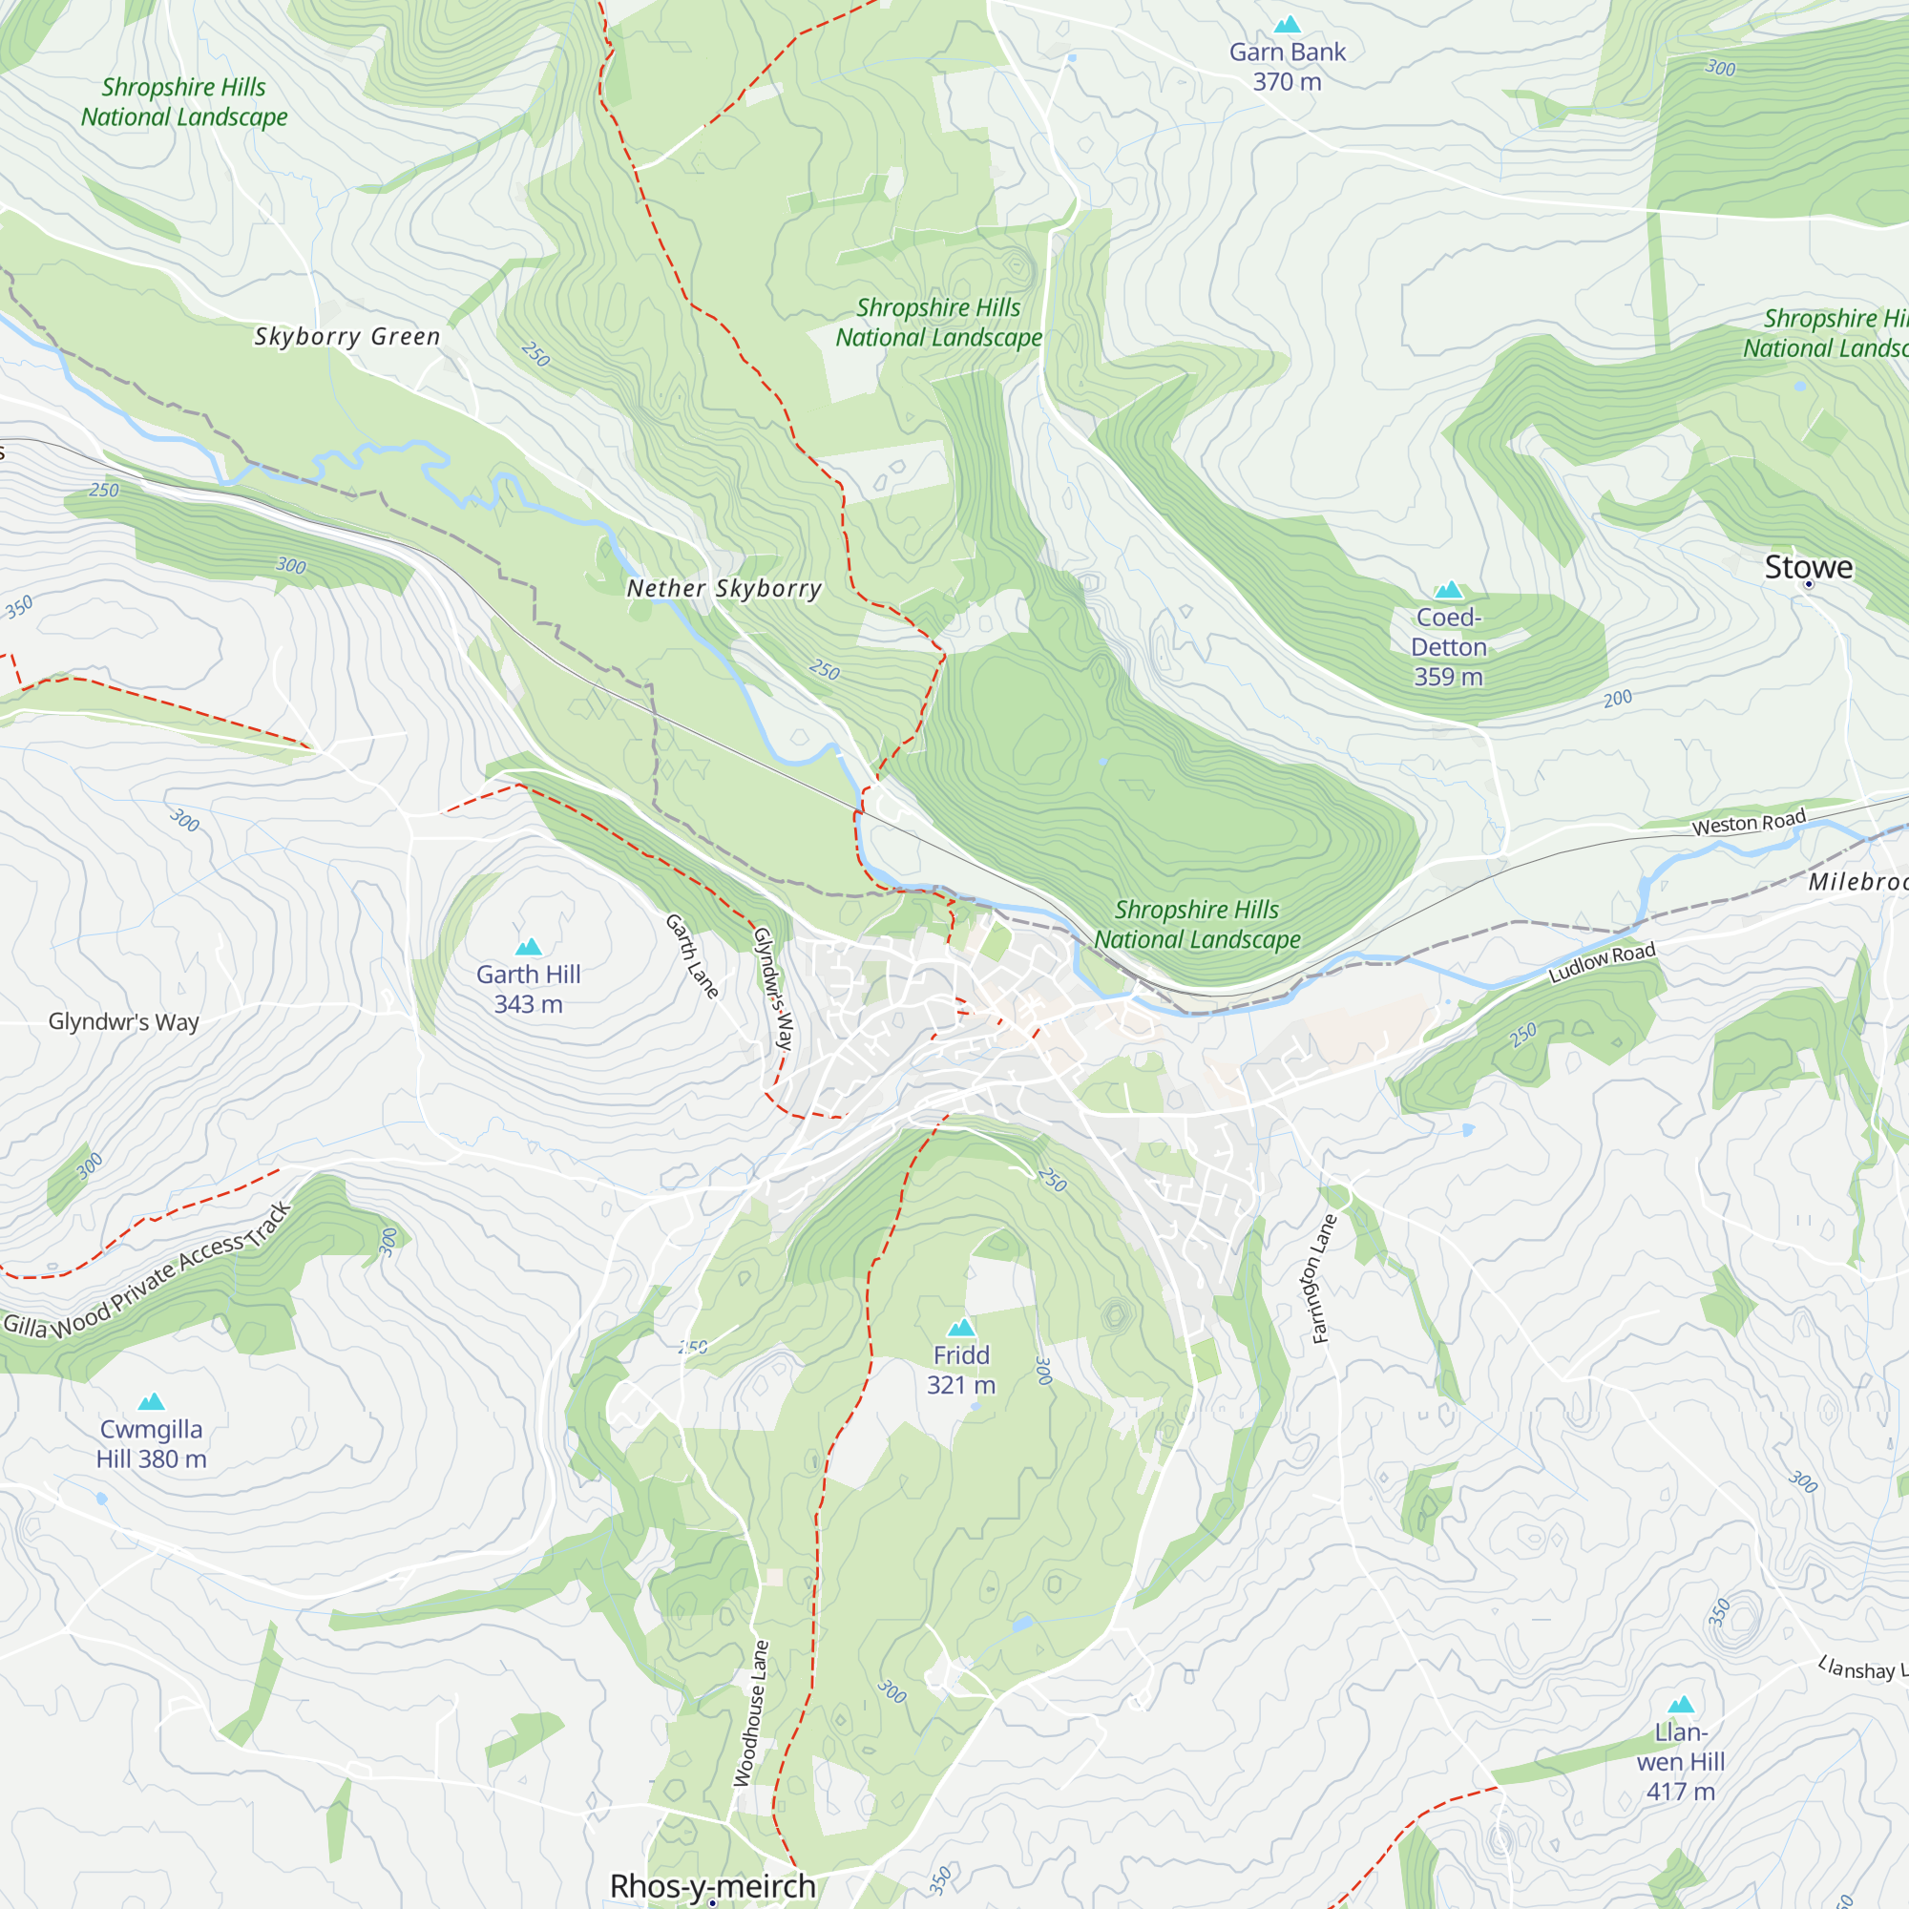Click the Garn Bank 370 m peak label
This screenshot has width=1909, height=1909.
[x=1287, y=66]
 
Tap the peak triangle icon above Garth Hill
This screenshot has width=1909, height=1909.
[x=529, y=947]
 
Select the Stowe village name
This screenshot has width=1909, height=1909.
[x=1808, y=567]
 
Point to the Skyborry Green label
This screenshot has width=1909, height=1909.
[x=346, y=336]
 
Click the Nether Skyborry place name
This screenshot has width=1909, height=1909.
[x=724, y=588]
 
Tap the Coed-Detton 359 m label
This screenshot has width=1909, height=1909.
[x=1448, y=646]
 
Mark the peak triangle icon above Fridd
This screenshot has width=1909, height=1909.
[x=960, y=1327]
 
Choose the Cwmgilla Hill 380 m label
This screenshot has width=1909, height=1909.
[x=151, y=1443]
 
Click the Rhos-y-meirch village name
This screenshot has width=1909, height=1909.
[x=712, y=1885]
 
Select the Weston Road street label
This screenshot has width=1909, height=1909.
[x=1748, y=822]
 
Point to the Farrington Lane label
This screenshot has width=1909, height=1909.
[x=1323, y=1279]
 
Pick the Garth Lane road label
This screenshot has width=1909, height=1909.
[x=692, y=955]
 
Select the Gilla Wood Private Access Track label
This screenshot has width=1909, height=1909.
[x=148, y=1273]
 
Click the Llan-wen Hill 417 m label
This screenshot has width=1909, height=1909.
[x=1680, y=1762]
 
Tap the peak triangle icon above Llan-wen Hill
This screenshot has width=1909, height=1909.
[x=1681, y=1705]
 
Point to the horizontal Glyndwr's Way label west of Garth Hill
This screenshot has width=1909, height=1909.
[x=123, y=1021]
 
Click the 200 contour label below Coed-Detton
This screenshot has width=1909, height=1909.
[x=1618, y=699]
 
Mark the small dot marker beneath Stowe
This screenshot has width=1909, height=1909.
[x=1808, y=584]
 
